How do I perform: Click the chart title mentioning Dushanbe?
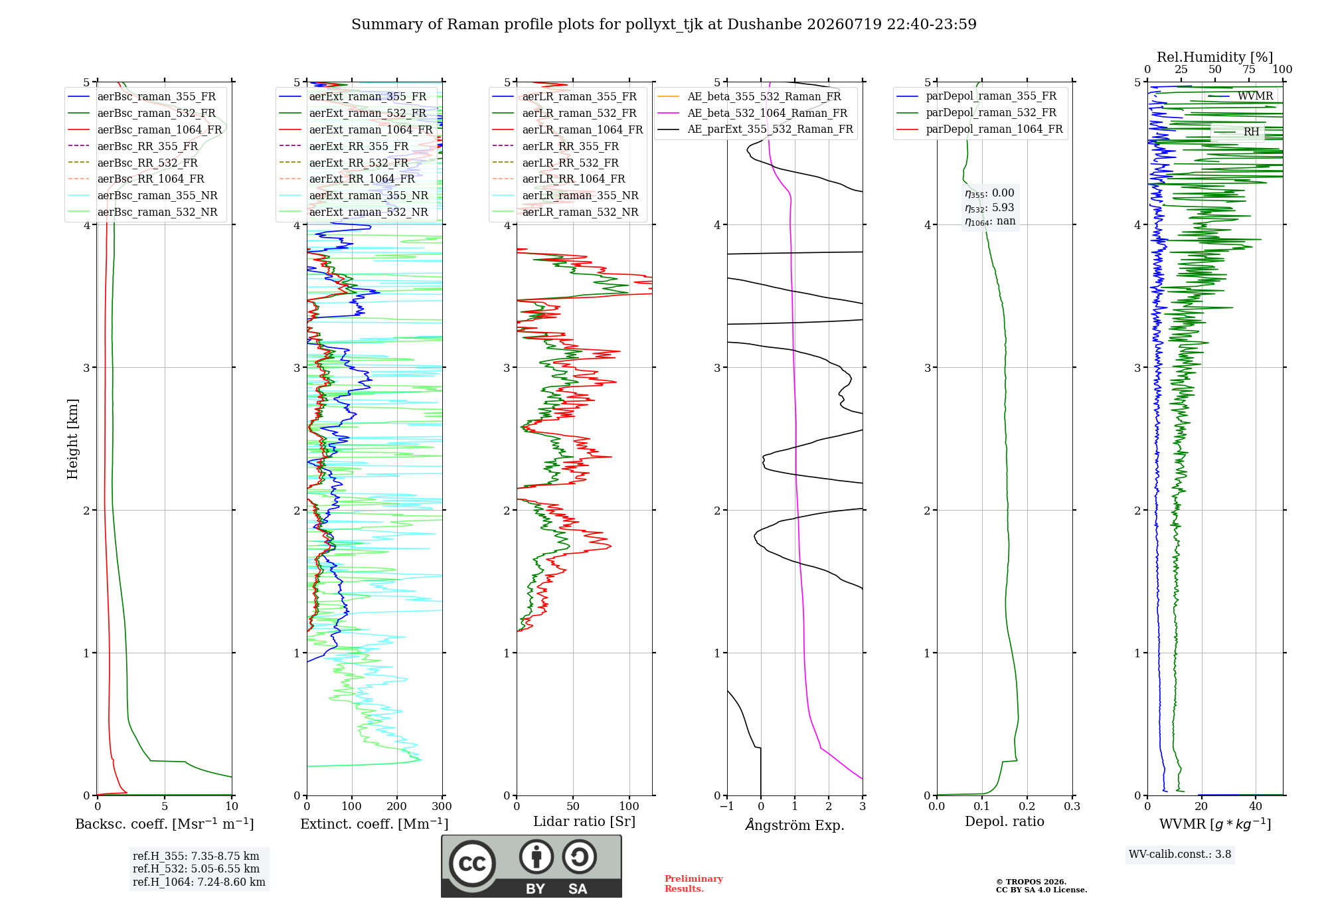[664, 25]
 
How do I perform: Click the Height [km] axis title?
[72, 439]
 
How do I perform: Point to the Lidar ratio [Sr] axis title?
[584, 821]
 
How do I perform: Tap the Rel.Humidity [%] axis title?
[1214, 57]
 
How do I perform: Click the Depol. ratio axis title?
[1004, 821]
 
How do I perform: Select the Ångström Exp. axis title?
[795, 825]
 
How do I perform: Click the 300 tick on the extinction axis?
[442, 806]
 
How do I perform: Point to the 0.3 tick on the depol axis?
[1072, 806]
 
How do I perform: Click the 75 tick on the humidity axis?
[1249, 70]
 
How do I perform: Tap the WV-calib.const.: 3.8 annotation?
[1180, 855]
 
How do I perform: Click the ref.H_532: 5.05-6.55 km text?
[196, 868]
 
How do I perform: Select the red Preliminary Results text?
[694, 884]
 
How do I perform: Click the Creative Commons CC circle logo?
[472, 863]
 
